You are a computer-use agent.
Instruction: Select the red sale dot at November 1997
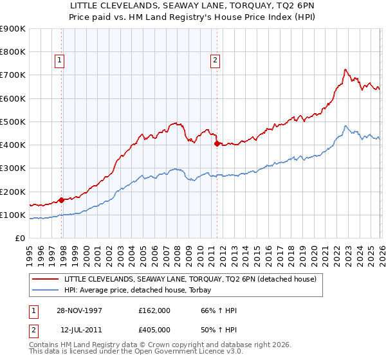[62, 200]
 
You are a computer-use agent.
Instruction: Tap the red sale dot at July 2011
[217, 143]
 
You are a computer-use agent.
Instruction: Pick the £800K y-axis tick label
[13, 51]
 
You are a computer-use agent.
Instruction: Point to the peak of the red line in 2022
[345, 69]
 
